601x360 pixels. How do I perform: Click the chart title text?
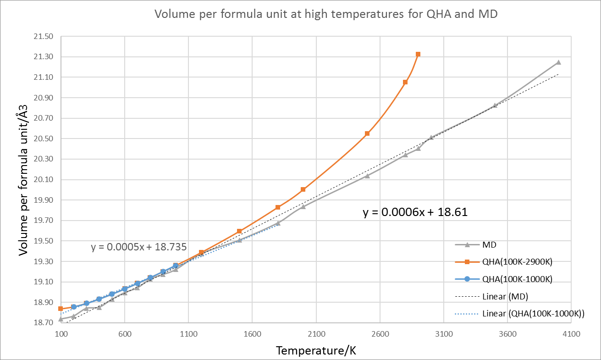(x=326, y=14)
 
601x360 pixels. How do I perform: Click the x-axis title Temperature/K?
(x=316, y=351)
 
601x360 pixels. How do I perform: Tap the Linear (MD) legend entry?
(x=505, y=296)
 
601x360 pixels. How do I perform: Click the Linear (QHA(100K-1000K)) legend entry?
(x=535, y=314)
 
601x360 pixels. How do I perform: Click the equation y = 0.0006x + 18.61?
(x=415, y=212)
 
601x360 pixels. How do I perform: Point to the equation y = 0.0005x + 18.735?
(x=138, y=247)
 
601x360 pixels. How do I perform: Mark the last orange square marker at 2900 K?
(x=418, y=54)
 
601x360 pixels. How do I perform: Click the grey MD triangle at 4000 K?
(x=558, y=62)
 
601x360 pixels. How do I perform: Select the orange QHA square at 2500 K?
(x=367, y=133)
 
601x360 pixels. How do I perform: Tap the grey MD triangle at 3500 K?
(x=495, y=105)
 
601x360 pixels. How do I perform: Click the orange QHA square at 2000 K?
(x=303, y=189)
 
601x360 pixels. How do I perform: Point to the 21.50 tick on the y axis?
(x=44, y=37)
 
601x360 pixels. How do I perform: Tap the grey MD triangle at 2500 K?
(x=367, y=176)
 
